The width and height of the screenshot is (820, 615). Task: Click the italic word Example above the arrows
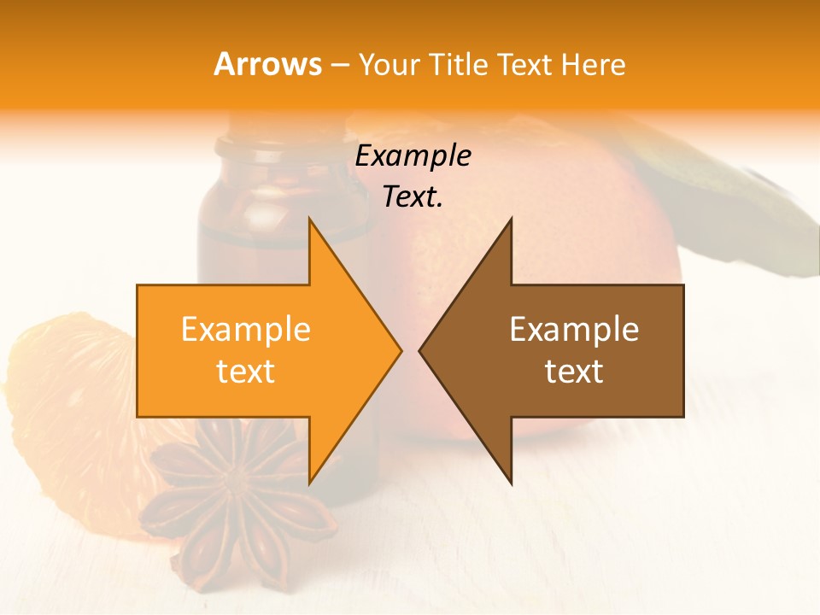click(413, 155)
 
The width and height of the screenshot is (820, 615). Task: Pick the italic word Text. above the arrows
click(413, 196)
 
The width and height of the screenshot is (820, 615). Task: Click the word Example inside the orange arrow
click(246, 329)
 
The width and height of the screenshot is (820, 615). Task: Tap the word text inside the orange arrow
click(246, 371)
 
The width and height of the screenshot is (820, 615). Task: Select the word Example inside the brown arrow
click(574, 329)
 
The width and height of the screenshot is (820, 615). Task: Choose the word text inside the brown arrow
click(574, 371)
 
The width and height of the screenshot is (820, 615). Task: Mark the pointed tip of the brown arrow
click(421, 350)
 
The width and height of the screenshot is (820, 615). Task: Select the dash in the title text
click(339, 66)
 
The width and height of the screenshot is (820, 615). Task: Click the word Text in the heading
click(524, 64)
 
